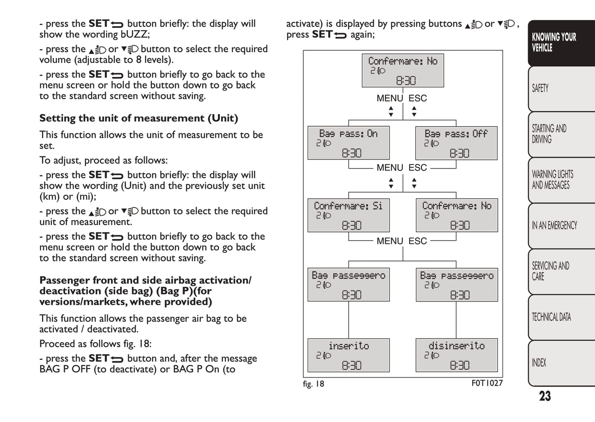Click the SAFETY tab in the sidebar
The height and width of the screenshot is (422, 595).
(x=560, y=88)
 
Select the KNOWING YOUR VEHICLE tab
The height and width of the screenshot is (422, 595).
(x=560, y=42)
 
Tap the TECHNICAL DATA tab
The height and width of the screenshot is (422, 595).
(x=560, y=317)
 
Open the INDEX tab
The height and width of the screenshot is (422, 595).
(x=560, y=363)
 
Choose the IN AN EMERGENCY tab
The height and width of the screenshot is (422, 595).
(x=560, y=225)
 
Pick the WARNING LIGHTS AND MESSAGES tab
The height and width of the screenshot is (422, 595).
(x=560, y=180)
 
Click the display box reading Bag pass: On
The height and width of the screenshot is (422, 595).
(x=348, y=143)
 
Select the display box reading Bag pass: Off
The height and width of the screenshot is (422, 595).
(x=456, y=143)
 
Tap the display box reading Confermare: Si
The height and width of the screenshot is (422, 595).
(x=348, y=215)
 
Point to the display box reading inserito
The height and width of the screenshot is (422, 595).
(x=348, y=355)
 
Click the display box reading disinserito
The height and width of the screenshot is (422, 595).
(x=456, y=355)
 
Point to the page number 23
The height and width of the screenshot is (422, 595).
(x=545, y=396)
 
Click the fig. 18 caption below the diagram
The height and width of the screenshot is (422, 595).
(x=313, y=384)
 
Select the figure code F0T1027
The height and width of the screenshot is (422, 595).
(x=487, y=383)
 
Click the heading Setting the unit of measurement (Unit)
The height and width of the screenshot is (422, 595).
(x=139, y=118)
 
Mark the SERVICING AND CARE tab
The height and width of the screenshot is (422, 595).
(x=560, y=271)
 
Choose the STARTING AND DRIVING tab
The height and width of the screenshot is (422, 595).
(x=560, y=134)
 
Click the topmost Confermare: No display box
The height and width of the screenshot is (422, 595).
(x=403, y=70)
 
